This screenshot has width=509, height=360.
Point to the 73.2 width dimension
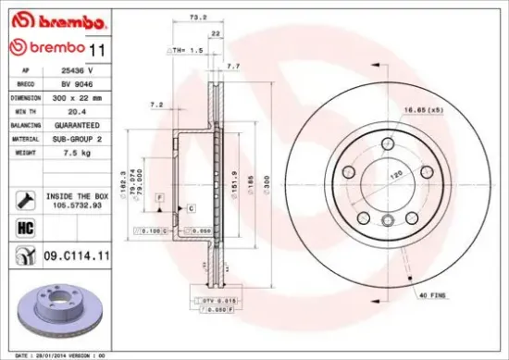(x=196, y=18)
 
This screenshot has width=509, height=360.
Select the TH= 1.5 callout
(x=187, y=50)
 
